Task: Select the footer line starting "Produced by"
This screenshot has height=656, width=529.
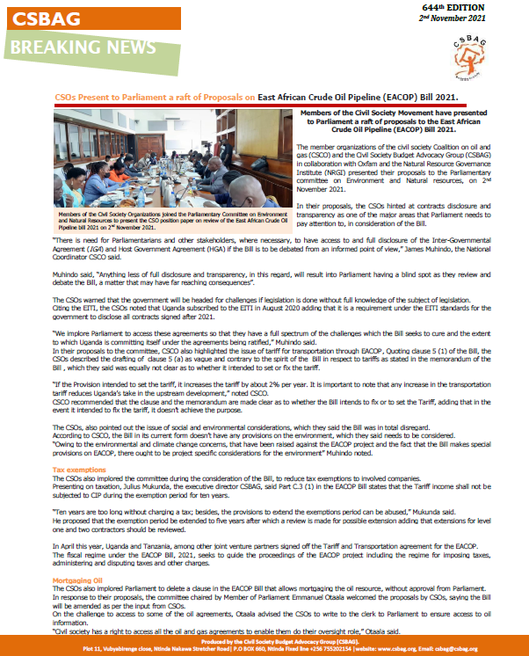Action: pos(264,642)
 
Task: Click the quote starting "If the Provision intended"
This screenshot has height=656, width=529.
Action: pos(264,390)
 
